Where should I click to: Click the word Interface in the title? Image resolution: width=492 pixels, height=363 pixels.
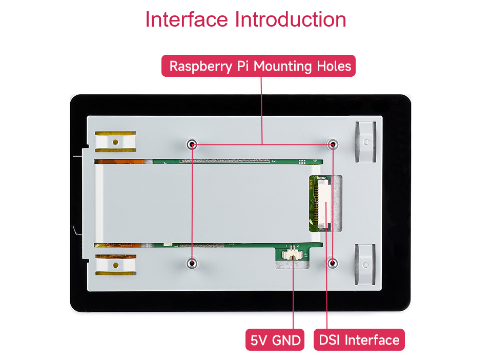[x=186, y=19]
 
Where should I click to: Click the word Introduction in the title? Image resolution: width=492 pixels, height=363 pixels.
[x=291, y=19]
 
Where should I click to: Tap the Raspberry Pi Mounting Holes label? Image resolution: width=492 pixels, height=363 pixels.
[x=259, y=66]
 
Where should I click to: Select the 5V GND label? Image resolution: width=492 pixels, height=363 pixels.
[x=275, y=340]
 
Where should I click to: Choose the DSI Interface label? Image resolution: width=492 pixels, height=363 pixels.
[x=359, y=340]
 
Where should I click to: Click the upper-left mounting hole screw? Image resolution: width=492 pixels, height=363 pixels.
[x=192, y=144]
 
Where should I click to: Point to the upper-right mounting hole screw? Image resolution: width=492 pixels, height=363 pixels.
[x=333, y=144]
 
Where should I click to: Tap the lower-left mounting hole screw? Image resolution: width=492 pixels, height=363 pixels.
[x=192, y=263]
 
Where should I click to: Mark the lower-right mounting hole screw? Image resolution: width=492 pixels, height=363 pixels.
[x=333, y=263]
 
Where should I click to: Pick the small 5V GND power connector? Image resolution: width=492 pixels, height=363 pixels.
[x=293, y=253]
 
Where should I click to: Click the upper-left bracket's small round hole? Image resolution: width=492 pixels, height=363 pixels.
[x=116, y=142]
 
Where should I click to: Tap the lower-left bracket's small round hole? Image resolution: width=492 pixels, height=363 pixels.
[x=116, y=266]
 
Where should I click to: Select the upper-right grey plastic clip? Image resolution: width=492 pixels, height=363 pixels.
[x=365, y=141]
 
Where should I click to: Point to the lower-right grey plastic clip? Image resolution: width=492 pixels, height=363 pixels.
[x=365, y=264]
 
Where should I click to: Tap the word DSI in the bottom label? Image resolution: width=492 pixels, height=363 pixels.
[x=330, y=340]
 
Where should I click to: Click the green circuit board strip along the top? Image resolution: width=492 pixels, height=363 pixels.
[x=225, y=161]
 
